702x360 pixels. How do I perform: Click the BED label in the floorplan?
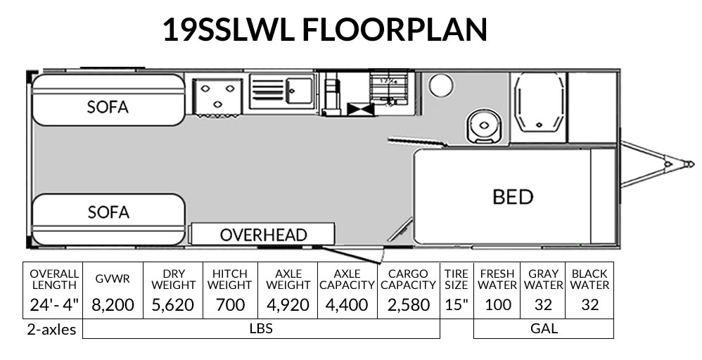[x=513, y=197]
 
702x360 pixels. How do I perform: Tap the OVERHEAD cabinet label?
[x=263, y=235]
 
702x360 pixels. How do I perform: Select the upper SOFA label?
[x=108, y=107]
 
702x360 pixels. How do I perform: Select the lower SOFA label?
[x=108, y=212]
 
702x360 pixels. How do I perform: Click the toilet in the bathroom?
[x=482, y=124]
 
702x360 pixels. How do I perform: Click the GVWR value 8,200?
[x=113, y=304]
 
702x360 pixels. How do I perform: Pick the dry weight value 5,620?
[x=173, y=304]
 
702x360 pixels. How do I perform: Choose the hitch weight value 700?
[x=231, y=304]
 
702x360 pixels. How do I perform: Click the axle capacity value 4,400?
[x=347, y=304]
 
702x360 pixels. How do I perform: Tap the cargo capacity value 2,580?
[x=408, y=304]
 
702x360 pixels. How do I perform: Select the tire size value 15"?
[x=456, y=304]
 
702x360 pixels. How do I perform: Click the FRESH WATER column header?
[x=497, y=278]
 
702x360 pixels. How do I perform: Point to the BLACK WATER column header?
[x=589, y=278]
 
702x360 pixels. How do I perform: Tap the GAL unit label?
[x=544, y=328]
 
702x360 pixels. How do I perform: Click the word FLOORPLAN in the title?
[x=395, y=30]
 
